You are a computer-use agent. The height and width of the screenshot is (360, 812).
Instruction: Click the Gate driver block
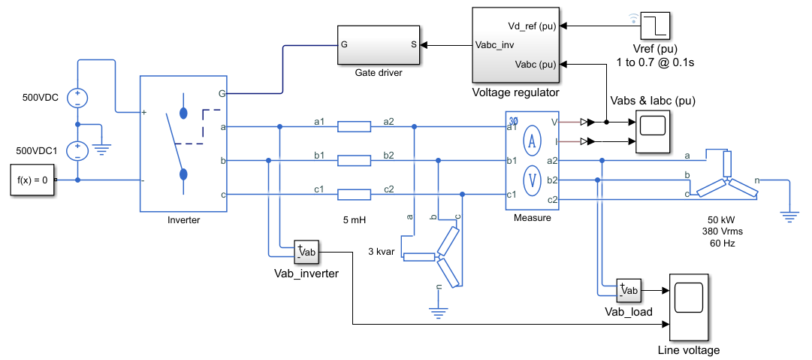pyautogui.click(x=379, y=44)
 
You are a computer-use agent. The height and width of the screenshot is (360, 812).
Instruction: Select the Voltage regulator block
pyautogui.click(x=516, y=45)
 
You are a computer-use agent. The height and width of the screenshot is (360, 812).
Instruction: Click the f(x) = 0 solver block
pyautogui.click(x=32, y=180)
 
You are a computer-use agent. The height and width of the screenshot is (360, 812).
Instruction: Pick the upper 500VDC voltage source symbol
pyautogui.click(x=77, y=98)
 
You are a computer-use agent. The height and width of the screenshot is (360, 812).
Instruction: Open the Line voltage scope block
pyautogui.click(x=689, y=307)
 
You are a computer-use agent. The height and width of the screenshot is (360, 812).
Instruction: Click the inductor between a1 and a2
pyautogui.click(x=355, y=127)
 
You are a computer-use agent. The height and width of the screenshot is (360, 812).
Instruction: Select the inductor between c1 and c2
pyautogui.click(x=355, y=195)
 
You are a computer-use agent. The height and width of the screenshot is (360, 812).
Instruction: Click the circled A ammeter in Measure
pyautogui.click(x=532, y=143)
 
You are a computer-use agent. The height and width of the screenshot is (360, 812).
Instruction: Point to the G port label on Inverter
pyautogui.click(x=222, y=94)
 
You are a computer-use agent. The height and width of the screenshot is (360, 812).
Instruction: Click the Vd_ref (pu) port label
pyautogui.click(x=533, y=26)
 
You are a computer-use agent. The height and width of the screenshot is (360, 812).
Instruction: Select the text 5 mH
pyautogui.click(x=355, y=220)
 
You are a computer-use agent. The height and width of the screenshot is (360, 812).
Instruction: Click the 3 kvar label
pyautogui.click(x=382, y=253)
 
